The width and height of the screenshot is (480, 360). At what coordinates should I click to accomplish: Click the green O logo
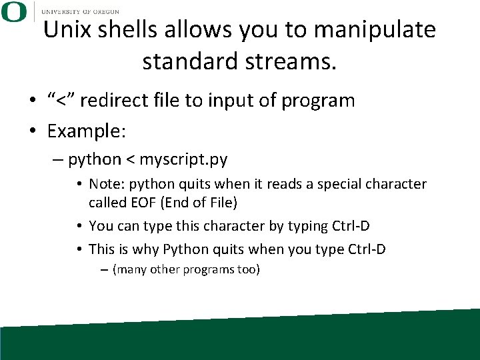tap(13, 12)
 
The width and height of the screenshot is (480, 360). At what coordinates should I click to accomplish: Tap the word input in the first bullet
tap(225, 101)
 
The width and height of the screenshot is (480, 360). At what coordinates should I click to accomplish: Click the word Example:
tap(86, 131)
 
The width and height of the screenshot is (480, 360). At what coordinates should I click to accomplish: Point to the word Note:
tap(105, 183)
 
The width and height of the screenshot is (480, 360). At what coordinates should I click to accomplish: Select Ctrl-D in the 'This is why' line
tap(367, 249)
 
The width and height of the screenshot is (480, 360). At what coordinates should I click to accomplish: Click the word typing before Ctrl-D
tap(307, 226)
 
